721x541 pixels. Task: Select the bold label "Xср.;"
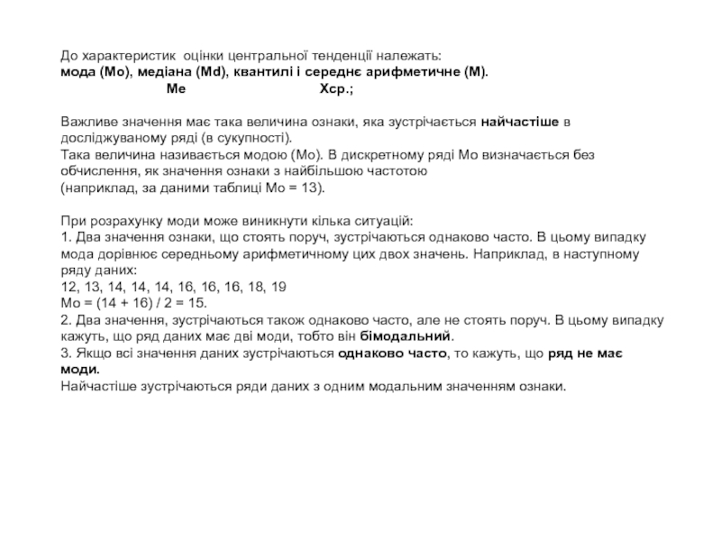click(x=337, y=89)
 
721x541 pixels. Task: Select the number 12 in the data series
click(x=68, y=286)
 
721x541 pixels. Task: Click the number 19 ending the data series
click(x=279, y=286)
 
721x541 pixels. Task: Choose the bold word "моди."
click(x=80, y=368)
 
